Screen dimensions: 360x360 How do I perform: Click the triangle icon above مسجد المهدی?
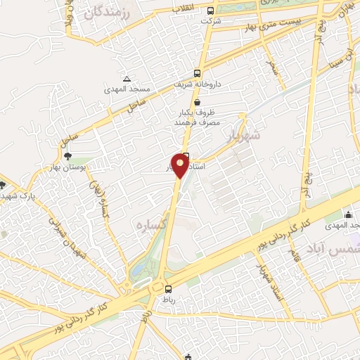(127, 78)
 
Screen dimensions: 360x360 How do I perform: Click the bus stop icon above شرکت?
(211, 11)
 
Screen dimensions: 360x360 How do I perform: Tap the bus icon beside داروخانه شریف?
(198, 72)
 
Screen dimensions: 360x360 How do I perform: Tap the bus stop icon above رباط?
(167, 289)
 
